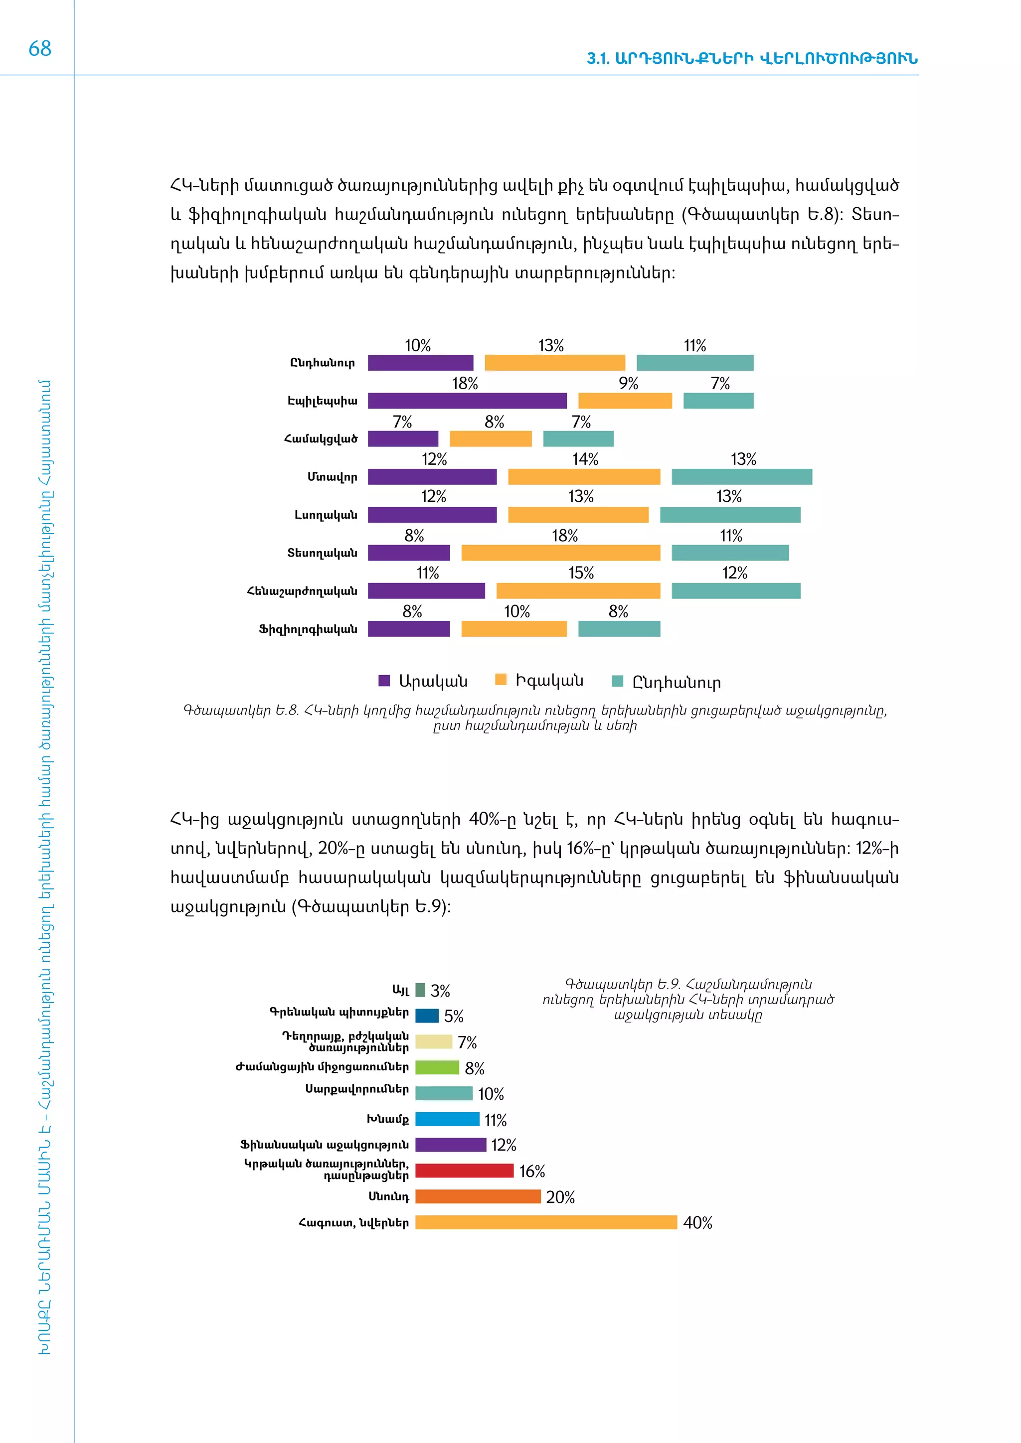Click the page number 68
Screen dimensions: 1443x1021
point(39,48)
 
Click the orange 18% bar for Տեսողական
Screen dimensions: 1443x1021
point(560,553)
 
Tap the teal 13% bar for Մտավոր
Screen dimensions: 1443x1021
point(741,477)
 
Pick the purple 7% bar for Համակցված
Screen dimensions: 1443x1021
point(402,438)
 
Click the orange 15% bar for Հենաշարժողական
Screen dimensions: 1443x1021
point(578,591)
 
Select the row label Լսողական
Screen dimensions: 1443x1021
point(326,515)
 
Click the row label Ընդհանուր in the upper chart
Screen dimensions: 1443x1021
point(322,363)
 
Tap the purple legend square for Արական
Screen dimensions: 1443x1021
point(384,681)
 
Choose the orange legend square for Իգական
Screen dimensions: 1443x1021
point(501,679)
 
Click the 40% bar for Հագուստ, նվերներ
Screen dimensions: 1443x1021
point(546,1222)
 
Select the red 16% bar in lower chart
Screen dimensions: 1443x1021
point(464,1171)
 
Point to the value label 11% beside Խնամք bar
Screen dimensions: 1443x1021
point(496,1120)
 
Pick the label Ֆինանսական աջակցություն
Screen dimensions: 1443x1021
point(325,1145)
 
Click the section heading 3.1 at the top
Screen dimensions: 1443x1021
point(752,58)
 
